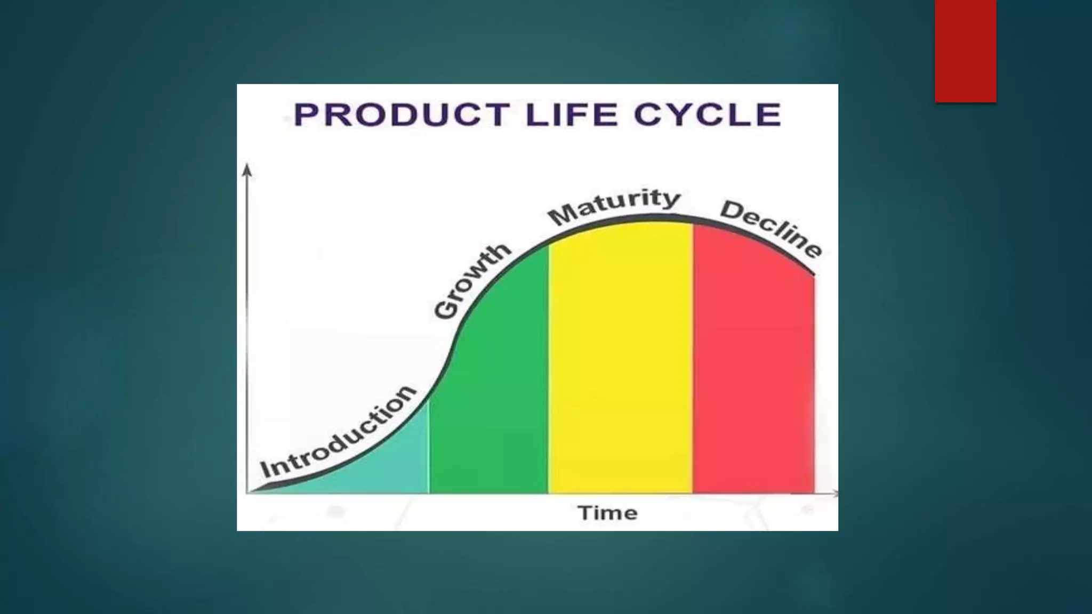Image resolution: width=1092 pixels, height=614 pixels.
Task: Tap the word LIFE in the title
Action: (x=571, y=115)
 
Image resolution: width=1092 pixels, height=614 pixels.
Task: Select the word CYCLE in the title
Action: (x=708, y=115)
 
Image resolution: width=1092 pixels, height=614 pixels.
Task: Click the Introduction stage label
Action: (x=338, y=432)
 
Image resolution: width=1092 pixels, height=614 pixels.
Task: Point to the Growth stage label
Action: (x=471, y=282)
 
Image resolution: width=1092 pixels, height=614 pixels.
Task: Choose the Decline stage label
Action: (x=770, y=229)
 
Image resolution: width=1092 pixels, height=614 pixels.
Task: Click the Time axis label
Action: (x=607, y=513)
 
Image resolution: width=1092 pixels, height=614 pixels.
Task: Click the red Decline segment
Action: (x=753, y=362)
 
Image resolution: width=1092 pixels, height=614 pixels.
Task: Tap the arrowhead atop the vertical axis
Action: (x=246, y=169)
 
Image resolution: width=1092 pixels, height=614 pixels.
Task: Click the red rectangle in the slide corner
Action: (x=965, y=51)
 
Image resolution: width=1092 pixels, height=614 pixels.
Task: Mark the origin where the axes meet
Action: (x=247, y=493)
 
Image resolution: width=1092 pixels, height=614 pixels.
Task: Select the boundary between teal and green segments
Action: (x=429, y=448)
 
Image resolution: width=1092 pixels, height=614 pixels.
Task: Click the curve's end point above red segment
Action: (x=814, y=275)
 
